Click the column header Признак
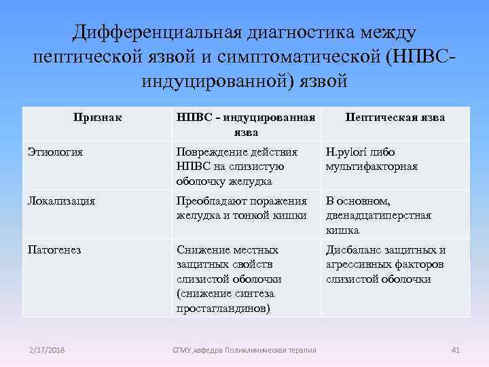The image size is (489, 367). point(98,117)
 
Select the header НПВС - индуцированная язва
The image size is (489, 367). point(245,124)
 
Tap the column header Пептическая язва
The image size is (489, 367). point(395,117)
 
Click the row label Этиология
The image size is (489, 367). point(56,152)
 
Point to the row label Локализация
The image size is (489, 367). point(61,200)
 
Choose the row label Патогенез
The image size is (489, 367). point(54,249)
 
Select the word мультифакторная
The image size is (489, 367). point(372,167)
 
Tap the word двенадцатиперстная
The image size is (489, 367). point(378,215)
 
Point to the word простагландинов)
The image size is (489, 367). point(222,308)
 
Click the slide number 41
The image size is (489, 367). point(456,350)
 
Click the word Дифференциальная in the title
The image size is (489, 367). point(158,32)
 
